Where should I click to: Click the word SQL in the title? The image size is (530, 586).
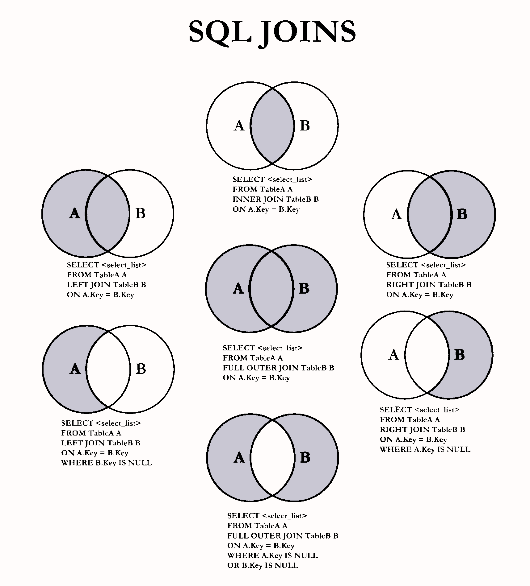(220, 32)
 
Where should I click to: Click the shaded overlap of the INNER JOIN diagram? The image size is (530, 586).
(272, 126)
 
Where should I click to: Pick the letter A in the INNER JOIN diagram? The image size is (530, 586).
(239, 126)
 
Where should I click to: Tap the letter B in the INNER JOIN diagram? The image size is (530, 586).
(305, 126)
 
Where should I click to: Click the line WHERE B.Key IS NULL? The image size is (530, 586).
(107, 463)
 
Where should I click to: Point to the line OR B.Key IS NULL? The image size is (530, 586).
(263, 566)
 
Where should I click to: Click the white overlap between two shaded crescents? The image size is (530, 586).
(272, 457)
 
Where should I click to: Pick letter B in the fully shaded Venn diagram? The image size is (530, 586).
(304, 289)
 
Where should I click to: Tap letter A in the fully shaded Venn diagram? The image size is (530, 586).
(238, 289)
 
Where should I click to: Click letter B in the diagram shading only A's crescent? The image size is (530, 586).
(141, 369)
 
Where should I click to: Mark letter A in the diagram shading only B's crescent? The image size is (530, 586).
(394, 355)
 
